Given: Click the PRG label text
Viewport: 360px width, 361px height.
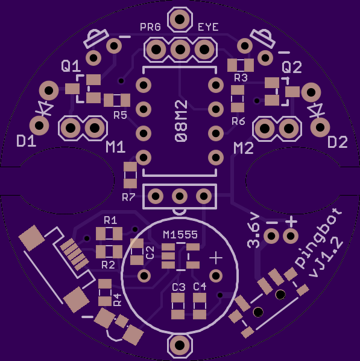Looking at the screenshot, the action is coord(150,27).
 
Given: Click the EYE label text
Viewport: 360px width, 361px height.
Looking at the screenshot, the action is coord(208,27).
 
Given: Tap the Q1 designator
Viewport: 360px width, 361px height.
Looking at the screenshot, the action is coord(71,66).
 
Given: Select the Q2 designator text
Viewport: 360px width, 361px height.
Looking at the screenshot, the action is coord(292,68).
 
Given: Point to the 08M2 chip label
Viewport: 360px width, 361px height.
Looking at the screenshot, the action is coord(181,121).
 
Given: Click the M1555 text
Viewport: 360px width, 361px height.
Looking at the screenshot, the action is coord(180,235).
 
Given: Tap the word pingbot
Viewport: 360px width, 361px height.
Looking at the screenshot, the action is coord(318,238).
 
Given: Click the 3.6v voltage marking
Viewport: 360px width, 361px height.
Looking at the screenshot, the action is coord(253,231).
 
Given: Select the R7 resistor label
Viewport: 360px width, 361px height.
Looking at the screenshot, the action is coord(128,197).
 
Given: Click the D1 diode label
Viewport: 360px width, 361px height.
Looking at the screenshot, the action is coord(26,141).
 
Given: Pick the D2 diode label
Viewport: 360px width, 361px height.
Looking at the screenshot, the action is coord(338,142).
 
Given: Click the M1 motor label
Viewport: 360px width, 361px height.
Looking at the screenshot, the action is coord(115,147).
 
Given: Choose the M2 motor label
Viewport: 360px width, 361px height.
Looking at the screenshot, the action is coord(244,149).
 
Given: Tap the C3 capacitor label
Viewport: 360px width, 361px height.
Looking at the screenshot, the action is coord(178,287).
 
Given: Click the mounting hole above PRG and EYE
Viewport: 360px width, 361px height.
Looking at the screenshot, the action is coord(180,19).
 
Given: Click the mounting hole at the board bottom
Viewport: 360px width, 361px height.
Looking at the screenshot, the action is coord(180,345).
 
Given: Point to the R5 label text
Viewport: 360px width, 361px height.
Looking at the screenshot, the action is coord(120,115).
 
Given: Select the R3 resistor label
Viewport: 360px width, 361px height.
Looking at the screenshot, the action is coord(241,78).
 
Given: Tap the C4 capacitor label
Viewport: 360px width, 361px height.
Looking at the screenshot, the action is coord(200,287).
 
